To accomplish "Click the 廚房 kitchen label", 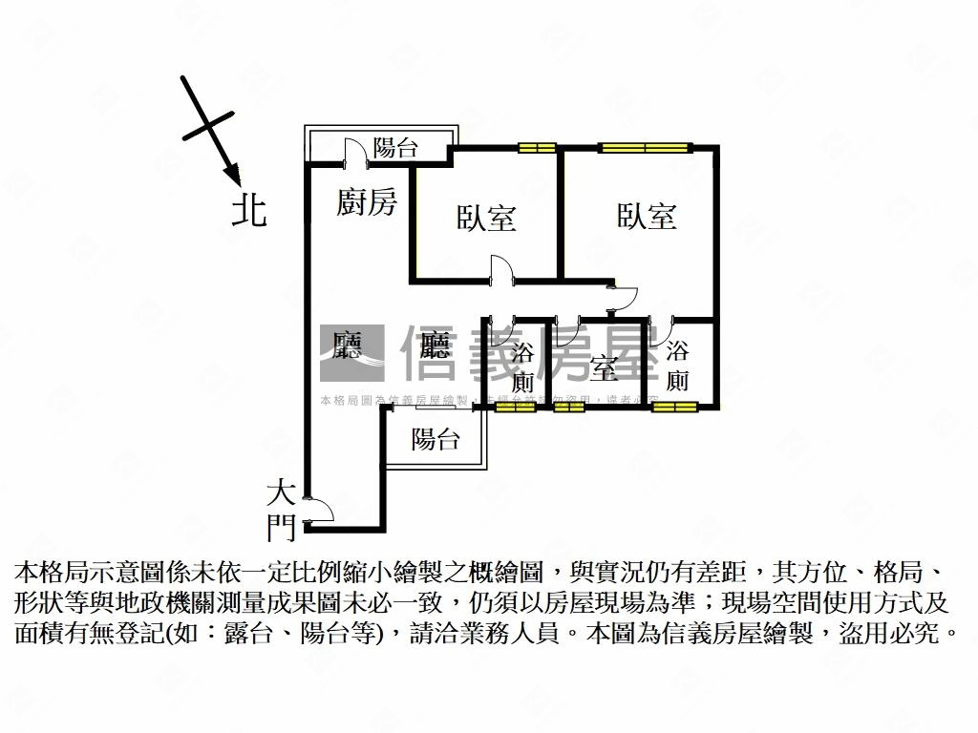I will point(367,202).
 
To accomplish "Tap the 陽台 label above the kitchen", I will point(395,148).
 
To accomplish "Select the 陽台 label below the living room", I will point(436,439).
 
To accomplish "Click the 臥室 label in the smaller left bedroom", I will point(485,219).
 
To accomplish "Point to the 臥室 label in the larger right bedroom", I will point(647,217).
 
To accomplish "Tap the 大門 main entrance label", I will point(281,510).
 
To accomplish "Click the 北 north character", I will point(249,210).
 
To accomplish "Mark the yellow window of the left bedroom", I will point(537,147).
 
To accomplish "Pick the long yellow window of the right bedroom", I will point(645,147).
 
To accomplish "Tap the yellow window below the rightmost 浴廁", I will point(676,408).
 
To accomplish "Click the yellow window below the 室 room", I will point(569,408).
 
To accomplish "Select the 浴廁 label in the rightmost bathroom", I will point(677,366).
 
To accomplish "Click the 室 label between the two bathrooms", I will point(602,368).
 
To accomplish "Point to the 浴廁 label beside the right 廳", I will point(522,366).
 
